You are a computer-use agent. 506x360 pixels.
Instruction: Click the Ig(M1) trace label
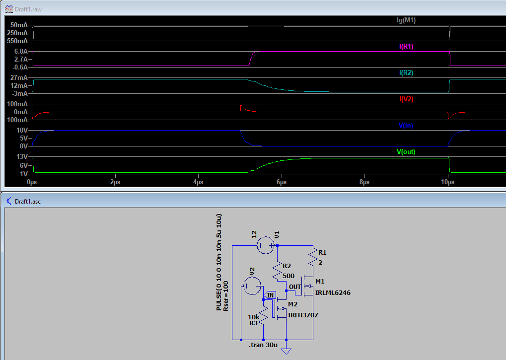coord(406,20)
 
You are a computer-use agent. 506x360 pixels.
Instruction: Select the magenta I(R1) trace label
coord(406,47)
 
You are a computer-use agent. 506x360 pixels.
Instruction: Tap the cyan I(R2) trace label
coord(406,72)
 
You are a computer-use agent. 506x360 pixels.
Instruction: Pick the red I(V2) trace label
coord(406,99)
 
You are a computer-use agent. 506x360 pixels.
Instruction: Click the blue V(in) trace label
coord(406,125)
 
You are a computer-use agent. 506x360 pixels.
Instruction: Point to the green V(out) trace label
coord(406,151)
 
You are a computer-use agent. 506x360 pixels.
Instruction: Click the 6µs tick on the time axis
coord(282,182)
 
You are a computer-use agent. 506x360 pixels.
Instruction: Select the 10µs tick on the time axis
coord(447,182)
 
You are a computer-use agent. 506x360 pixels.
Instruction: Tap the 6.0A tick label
coord(21,51)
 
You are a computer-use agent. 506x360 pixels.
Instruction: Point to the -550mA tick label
coord(17,41)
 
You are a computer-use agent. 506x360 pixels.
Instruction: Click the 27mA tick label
coord(19,78)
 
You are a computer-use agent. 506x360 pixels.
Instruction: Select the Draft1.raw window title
coord(28,9)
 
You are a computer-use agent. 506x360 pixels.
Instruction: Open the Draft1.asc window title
coord(28,202)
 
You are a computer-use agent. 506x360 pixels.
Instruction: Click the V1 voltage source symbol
coord(266,245)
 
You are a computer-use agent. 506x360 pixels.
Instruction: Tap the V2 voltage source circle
coord(252,286)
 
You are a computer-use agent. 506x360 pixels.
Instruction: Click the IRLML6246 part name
coord(333,293)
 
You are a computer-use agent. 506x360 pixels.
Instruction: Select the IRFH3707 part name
coord(303,315)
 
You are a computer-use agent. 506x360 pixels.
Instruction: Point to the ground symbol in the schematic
coord(286,351)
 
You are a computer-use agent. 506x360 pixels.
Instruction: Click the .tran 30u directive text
coord(263,345)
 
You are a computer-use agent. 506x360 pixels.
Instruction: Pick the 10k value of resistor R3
coord(254,317)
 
